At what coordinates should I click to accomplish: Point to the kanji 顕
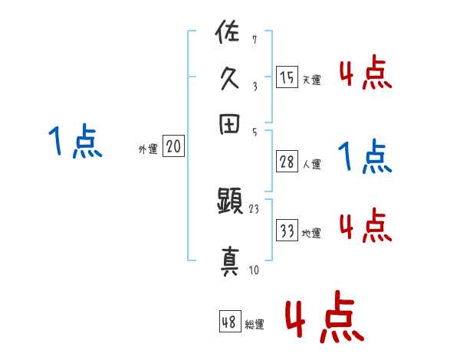pos(229,203)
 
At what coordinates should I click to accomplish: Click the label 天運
pos(311,80)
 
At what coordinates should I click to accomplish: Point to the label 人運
pos(311,164)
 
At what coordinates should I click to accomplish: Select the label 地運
pos(311,233)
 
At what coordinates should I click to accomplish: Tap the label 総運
pos(254,325)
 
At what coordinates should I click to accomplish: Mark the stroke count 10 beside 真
pos(253,270)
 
